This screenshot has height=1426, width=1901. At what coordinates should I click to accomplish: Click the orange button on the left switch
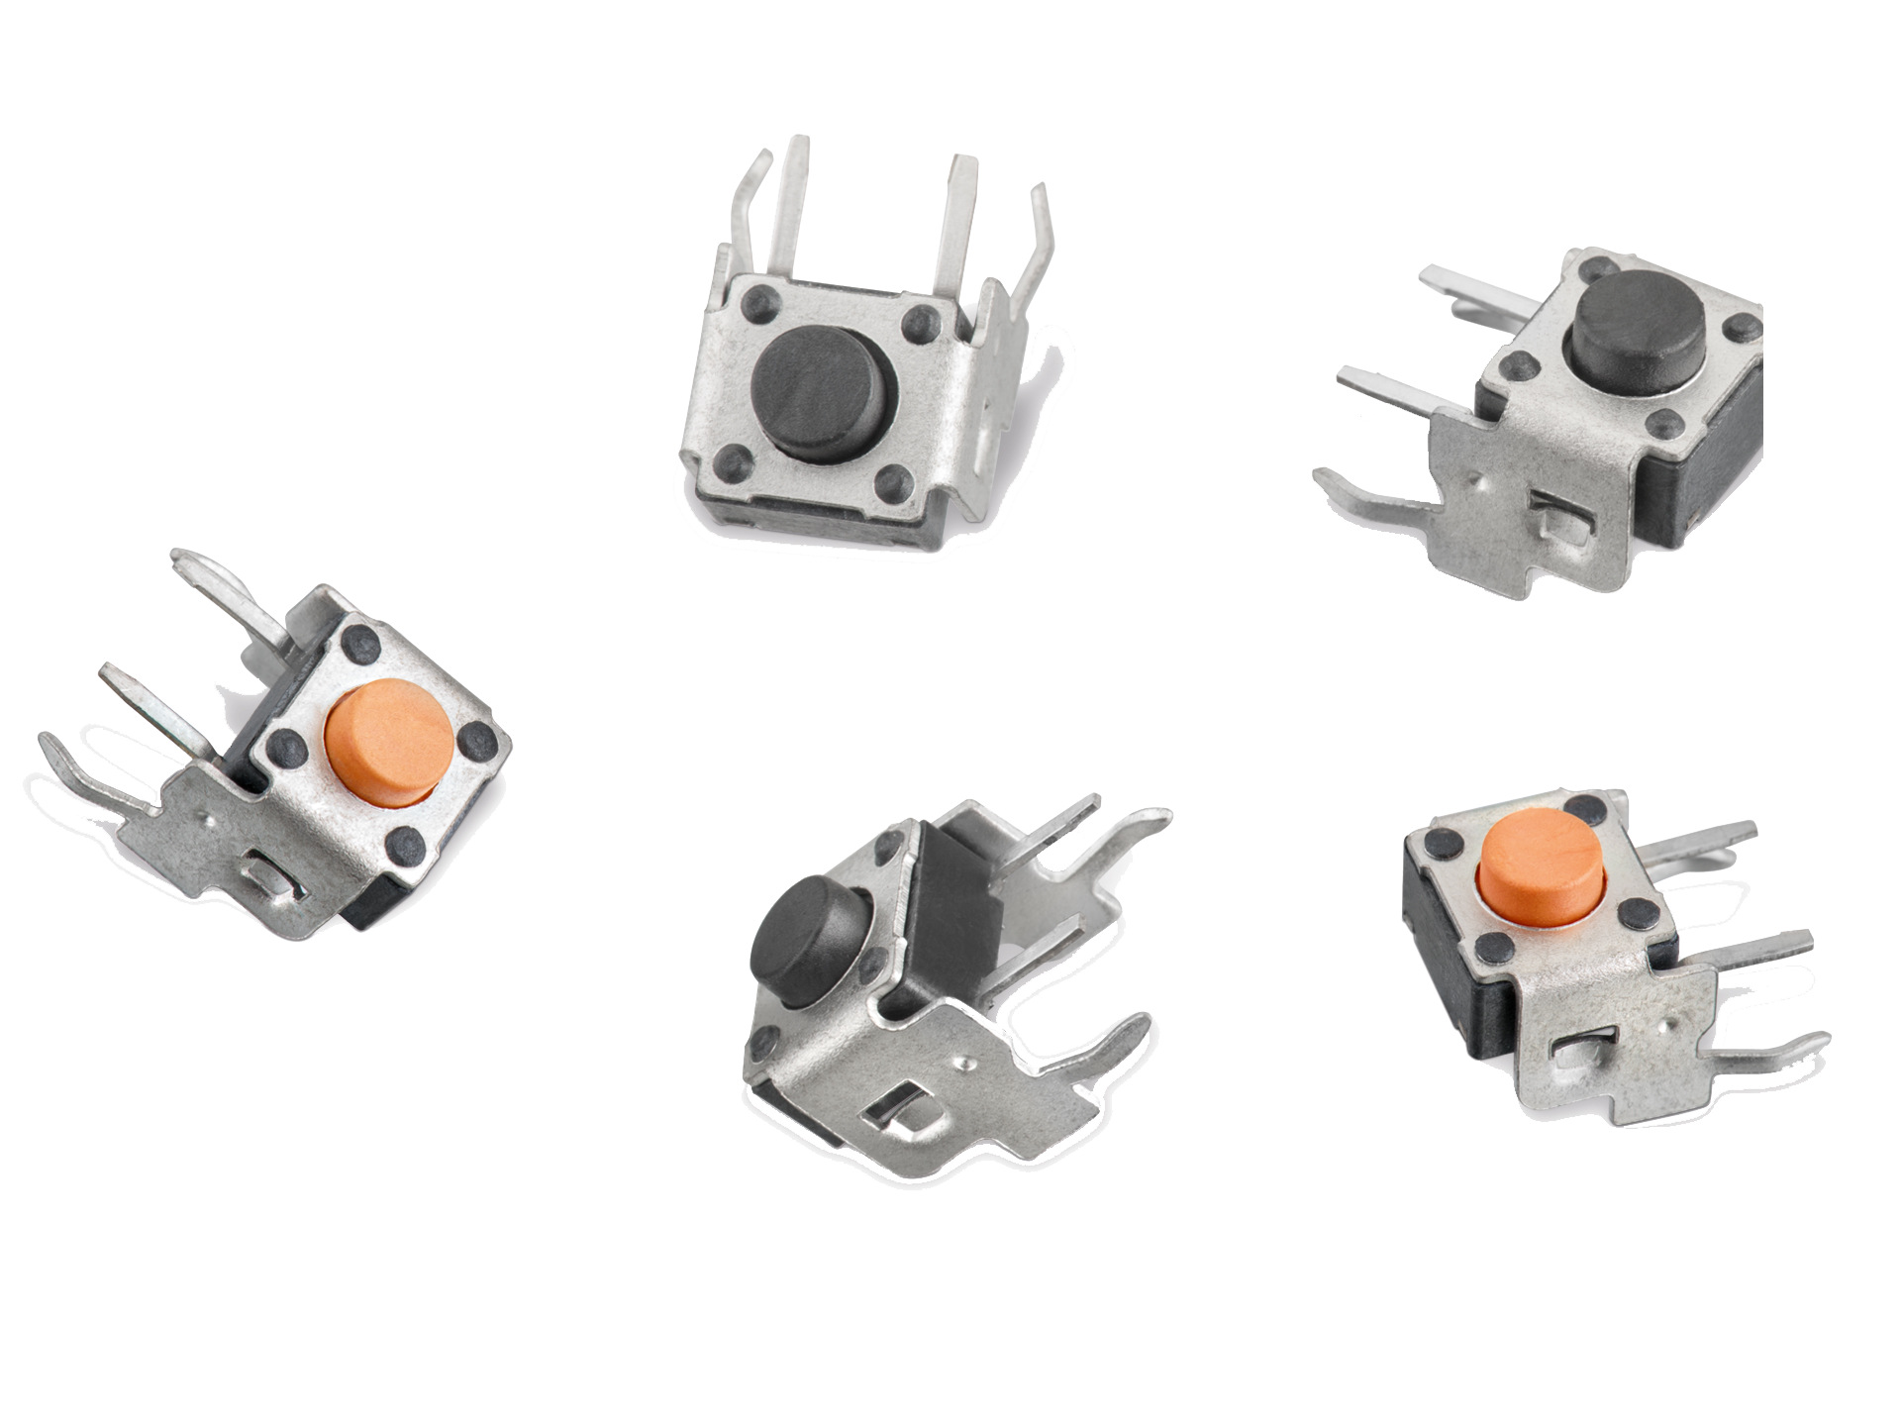(x=389, y=743)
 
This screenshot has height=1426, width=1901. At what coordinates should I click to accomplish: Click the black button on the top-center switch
(x=824, y=393)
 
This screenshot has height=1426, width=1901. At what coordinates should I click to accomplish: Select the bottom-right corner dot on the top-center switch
(x=894, y=482)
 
